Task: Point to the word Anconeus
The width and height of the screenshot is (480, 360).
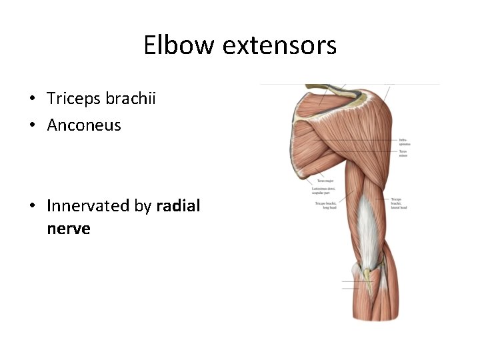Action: (84, 125)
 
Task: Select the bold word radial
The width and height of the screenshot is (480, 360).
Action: (178, 206)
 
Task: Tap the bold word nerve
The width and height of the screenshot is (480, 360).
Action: (69, 229)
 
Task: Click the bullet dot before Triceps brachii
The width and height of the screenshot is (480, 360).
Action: (32, 99)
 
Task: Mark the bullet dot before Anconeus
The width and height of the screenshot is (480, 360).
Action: (32, 125)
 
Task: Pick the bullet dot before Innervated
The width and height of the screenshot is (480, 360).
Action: (32, 207)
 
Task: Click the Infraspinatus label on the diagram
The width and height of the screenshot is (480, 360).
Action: (405, 141)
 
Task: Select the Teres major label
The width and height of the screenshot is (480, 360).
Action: (325, 181)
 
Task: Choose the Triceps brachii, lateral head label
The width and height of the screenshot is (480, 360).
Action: (399, 203)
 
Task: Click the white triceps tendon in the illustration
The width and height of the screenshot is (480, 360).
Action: (365, 227)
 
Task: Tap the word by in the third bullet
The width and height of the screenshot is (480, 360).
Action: (143, 207)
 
